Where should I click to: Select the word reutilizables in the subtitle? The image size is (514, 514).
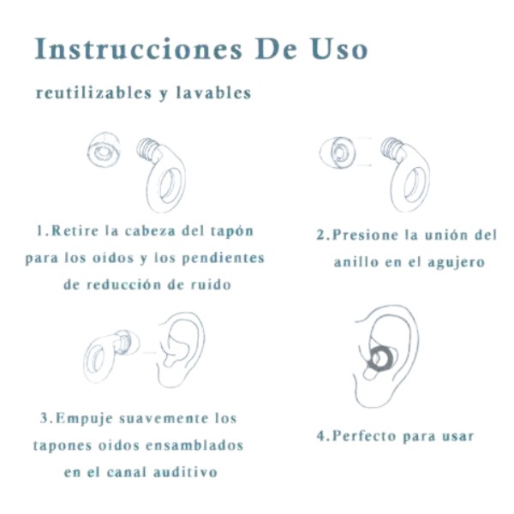pos(92,93)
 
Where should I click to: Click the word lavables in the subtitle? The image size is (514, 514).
pos(213,93)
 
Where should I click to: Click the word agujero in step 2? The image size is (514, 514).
pos(454,261)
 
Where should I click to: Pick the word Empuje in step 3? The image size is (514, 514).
pos(84,419)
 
